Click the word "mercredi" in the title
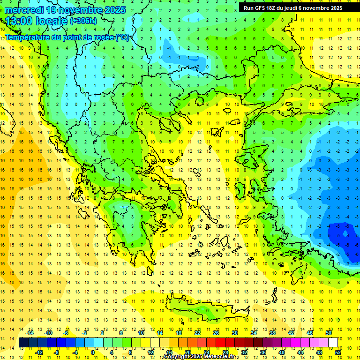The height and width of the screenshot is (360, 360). point(23,10)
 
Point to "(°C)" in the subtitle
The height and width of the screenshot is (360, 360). point(122,37)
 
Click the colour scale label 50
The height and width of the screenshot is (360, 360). point(329,333)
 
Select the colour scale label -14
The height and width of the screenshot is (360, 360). point(30,333)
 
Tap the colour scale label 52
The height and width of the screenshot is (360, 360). point(338,352)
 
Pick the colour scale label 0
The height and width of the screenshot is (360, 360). point(93,352)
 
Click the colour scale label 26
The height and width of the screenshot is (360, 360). point(216,333)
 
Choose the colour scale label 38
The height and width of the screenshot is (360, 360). point(272,333)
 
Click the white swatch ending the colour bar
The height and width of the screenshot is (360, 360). point(333,343)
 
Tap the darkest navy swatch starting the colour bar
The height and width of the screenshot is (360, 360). point(23,343)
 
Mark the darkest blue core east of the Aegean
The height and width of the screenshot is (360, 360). point(346,234)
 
